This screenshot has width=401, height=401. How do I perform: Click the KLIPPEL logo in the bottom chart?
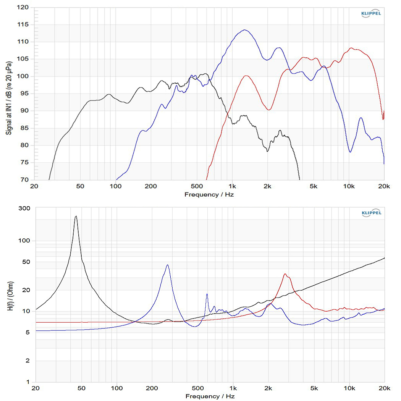[x=371, y=213]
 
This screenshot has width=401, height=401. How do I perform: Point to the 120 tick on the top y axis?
[x=24, y=8]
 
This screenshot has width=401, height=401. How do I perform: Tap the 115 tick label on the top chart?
[x=24, y=25]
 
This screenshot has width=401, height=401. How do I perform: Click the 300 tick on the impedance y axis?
[x=24, y=208]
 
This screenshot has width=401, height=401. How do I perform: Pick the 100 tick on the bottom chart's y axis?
[x=24, y=241]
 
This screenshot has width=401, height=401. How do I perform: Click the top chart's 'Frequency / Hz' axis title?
[x=209, y=194]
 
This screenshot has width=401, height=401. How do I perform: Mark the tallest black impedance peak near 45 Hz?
[x=76, y=216]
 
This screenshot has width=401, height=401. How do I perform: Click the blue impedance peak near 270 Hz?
[x=167, y=265]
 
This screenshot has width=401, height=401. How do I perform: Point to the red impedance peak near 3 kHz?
[x=285, y=274]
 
